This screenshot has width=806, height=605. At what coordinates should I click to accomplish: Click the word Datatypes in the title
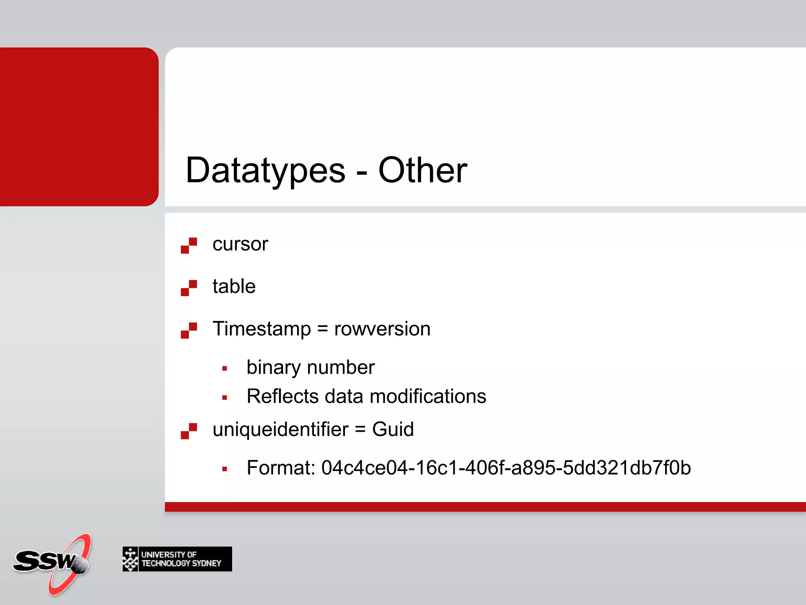coord(265,170)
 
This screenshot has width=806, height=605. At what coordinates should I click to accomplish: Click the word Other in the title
coord(422,170)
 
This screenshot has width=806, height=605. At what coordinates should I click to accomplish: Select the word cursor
coord(240,244)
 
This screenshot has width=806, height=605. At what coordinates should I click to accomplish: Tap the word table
coord(234,286)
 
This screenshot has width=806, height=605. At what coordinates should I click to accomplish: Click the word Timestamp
coord(262,329)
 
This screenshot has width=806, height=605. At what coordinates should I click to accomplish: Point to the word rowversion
coord(382,329)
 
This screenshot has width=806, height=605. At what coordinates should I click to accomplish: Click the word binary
coord(273,367)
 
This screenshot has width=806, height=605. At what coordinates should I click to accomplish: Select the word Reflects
coord(282,396)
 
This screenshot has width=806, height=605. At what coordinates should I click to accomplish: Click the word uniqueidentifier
coord(280,429)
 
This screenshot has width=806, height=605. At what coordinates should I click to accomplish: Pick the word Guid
coord(393,429)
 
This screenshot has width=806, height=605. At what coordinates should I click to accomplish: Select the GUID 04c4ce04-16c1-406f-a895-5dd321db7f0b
coord(506,468)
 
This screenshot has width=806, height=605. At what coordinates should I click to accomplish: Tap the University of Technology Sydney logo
coord(177,559)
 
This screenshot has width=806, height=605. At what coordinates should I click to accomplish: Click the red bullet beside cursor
coord(189,245)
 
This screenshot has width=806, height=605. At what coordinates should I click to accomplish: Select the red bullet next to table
coord(189,288)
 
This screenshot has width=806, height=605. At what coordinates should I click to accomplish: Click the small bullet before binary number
coord(224,369)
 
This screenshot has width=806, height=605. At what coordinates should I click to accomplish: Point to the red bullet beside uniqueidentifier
coord(189,431)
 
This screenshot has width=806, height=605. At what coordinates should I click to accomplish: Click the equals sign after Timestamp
coord(322,329)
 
